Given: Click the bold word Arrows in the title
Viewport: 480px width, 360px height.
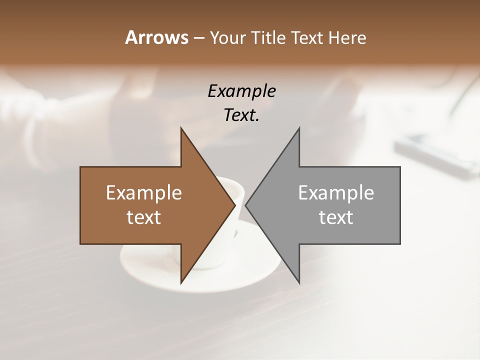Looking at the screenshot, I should click(x=156, y=37).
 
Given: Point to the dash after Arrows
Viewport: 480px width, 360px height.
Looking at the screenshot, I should click(x=198, y=38).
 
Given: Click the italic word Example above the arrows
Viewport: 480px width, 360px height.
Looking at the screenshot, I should click(x=241, y=91).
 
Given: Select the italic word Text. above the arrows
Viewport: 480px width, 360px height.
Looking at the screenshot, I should click(x=241, y=115).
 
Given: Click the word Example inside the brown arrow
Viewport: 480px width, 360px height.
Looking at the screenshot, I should click(x=144, y=193).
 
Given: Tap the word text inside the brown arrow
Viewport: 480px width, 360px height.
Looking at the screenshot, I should click(x=144, y=217).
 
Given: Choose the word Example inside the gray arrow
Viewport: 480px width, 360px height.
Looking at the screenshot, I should click(x=336, y=193).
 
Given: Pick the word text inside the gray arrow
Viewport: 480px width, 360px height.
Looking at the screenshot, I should click(x=336, y=217).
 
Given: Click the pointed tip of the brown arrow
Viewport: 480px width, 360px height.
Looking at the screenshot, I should click(x=234, y=205).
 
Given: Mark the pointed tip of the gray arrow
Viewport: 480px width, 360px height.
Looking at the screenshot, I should click(x=246, y=205).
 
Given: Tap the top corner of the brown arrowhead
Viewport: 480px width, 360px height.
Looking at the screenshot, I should click(x=181, y=128).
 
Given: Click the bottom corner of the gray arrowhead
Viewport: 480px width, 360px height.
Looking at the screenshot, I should click(x=299, y=283).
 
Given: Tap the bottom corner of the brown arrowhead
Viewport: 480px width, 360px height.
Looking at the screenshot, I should click(x=181, y=283).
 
